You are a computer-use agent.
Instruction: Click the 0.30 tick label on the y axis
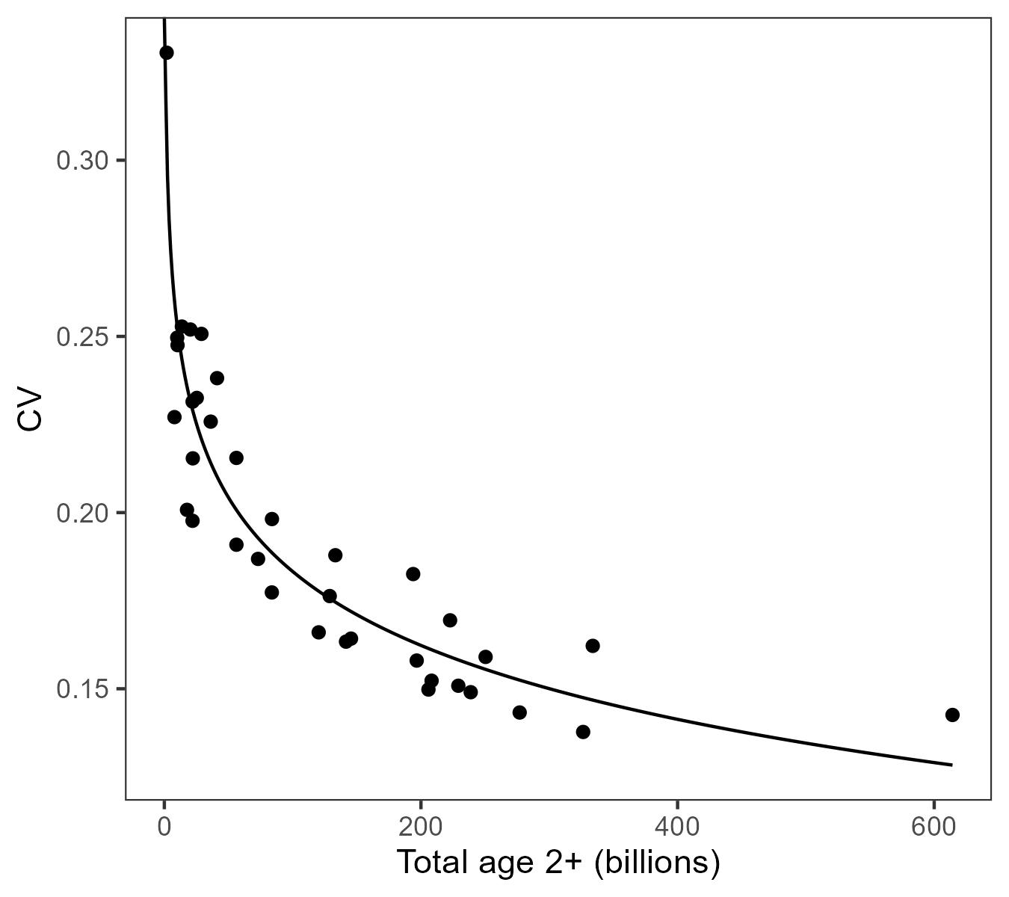coord(81,161)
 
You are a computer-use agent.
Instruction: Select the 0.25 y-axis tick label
coord(81,337)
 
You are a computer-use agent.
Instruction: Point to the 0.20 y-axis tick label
coord(81,513)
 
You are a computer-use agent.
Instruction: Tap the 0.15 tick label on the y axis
coord(81,689)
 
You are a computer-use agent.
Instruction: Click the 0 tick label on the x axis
coord(164,827)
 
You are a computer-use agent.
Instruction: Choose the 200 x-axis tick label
coord(420,827)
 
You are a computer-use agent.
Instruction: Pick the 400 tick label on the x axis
coord(676,827)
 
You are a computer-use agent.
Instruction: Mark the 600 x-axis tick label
coord(934,827)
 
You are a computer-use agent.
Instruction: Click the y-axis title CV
coord(31,410)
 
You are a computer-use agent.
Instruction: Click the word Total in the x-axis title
coord(431,863)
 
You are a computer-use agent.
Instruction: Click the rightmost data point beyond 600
coord(952,715)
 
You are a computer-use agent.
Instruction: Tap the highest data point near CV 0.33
coord(167,52)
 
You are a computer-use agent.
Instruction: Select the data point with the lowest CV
coord(583,732)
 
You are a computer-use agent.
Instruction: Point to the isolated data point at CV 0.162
coord(593,646)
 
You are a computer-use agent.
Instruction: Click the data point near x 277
coord(519,712)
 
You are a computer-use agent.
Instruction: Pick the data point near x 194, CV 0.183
coord(413,574)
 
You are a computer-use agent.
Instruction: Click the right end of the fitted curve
coord(951,765)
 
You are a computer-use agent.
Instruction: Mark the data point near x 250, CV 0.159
coord(485,657)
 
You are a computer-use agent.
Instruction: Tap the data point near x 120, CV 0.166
coord(318,632)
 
